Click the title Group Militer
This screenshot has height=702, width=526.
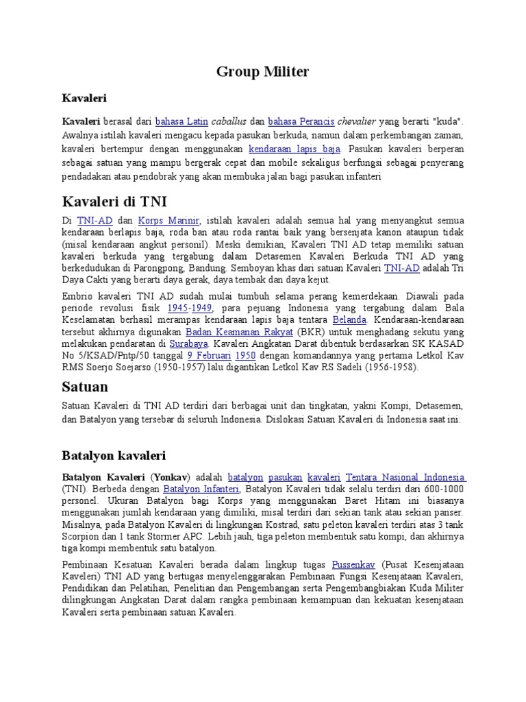pos(262,71)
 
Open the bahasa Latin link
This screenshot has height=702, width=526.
pos(181,121)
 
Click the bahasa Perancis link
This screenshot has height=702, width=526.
pos(301,121)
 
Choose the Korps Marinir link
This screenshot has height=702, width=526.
pos(168,221)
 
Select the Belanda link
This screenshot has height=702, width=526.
pos(349,320)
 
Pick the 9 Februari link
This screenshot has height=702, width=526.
pos(209,356)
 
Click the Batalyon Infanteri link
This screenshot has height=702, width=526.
pos(201,489)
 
